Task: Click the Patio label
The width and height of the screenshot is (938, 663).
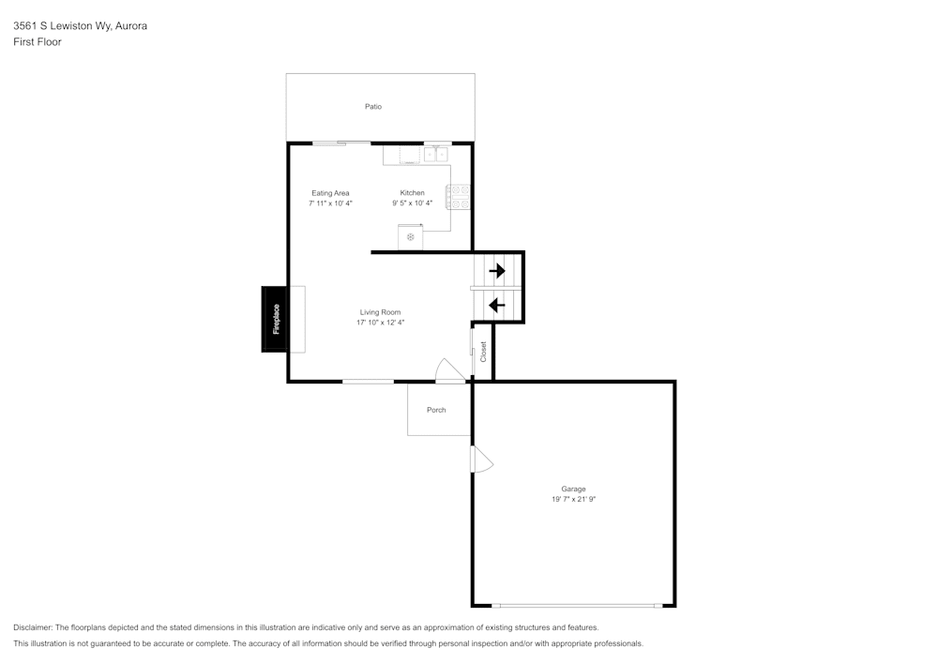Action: coord(373,107)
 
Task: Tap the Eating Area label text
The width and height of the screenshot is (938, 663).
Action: coord(330,193)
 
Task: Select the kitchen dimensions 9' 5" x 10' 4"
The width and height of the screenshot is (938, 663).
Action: coord(412,203)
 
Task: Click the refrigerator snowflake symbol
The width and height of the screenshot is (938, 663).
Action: coord(410,237)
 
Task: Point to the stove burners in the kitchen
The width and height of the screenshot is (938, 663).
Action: coord(459,197)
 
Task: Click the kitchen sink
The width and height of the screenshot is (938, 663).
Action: coord(435,154)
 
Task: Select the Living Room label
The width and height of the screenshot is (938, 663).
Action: coord(380,312)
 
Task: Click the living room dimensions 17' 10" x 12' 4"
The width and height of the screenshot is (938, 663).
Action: coord(380,323)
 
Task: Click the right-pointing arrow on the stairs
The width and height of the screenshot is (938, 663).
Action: coord(496,270)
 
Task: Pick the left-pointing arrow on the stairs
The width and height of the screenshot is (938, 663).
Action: coord(496,305)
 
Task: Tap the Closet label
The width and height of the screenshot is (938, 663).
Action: coord(483,352)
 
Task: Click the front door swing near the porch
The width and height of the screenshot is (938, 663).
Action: coord(448,370)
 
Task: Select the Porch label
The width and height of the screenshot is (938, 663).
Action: coord(436,410)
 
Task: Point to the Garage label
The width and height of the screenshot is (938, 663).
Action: coord(573,489)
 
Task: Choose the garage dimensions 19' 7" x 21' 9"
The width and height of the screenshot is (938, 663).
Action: coord(573,500)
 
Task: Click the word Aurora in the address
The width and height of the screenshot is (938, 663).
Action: coord(130,26)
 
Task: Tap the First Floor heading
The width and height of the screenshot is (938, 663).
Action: coord(38,42)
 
